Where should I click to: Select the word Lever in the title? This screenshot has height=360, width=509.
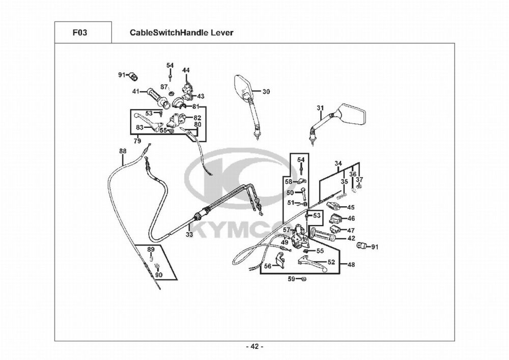click(222, 33)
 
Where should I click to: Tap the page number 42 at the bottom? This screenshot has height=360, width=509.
click(254, 347)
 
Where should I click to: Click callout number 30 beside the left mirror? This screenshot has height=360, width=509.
click(266, 92)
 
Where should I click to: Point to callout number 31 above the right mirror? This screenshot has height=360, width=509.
click(320, 108)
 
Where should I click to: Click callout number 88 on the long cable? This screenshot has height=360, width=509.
click(123, 151)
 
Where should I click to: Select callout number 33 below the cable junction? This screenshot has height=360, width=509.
click(189, 235)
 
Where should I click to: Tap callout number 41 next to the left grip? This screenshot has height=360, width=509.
click(136, 92)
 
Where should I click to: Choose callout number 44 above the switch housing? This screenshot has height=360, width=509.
click(186, 70)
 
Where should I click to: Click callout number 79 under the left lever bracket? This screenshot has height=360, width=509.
click(137, 141)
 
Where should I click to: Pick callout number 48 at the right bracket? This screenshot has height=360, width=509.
click(351, 264)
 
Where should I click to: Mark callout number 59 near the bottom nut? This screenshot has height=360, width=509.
click(292, 279)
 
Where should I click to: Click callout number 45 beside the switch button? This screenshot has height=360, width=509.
click(351, 207)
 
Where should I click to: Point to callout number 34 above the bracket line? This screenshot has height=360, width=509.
click(338, 163)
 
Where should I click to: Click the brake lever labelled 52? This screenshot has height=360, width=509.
click(313, 262)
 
